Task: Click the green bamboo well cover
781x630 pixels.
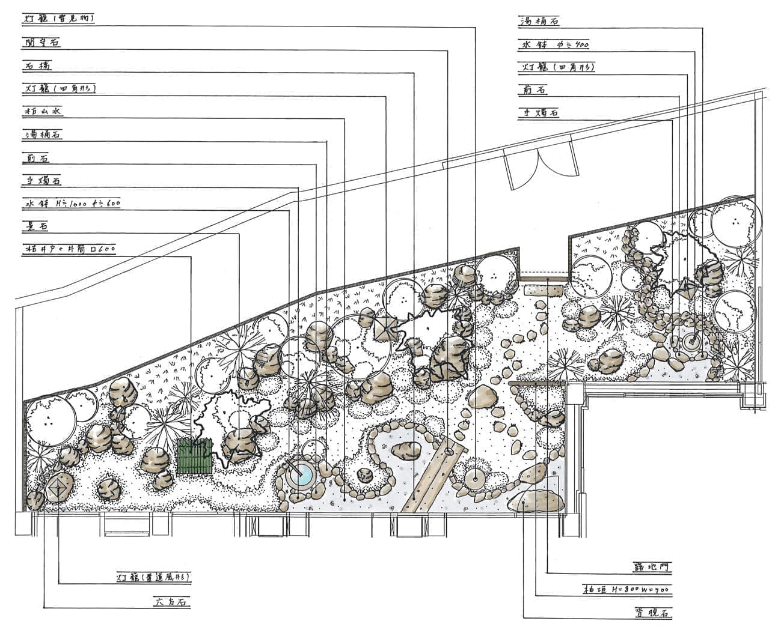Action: [195, 457]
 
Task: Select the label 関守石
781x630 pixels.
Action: [42, 42]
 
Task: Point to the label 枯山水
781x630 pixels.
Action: [43, 112]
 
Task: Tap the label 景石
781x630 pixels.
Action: [35, 226]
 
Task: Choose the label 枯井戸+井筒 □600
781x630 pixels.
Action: [69, 249]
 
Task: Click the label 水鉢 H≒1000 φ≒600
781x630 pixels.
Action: [72, 204]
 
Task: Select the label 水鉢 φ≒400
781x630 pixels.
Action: [554, 44]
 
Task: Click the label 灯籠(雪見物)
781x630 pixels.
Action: [59, 19]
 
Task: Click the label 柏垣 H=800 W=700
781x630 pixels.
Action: [625, 590]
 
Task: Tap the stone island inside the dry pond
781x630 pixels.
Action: [406, 449]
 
